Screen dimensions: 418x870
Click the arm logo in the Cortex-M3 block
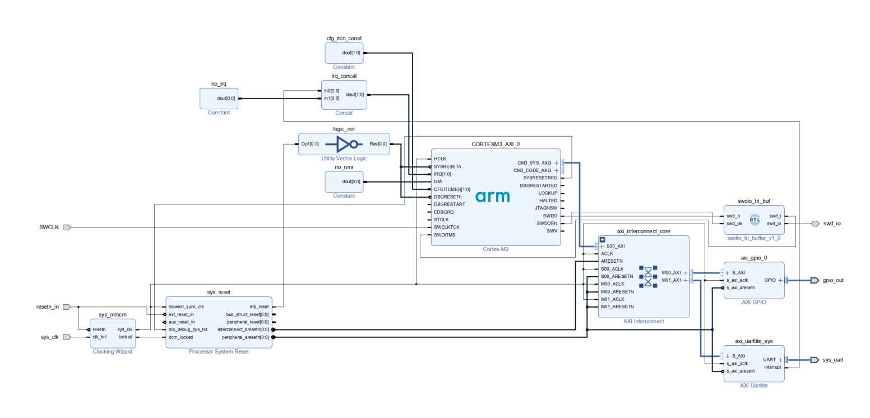pyautogui.click(x=492, y=196)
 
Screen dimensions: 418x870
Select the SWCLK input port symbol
pyautogui.click(x=66, y=227)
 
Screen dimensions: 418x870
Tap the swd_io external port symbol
pyautogui.click(x=815, y=224)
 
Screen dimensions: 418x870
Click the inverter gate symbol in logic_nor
pyautogui.click(x=346, y=144)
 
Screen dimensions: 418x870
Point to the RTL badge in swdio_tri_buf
pyautogui.click(x=755, y=220)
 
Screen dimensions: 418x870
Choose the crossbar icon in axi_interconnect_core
pyautogui.click(x=648, y=276)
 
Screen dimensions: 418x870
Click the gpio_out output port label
pyautogui.click(x=833, y=280)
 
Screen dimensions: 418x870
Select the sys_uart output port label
pyautogui.click(x=833, y=360)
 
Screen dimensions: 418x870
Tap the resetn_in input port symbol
pyautogui.click(x=66, y=307)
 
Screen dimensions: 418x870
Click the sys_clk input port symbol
pyautogui.click(x=66, y=337)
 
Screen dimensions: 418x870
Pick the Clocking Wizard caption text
pyautogui.click(x=112, y=352)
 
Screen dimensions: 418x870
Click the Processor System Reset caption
pyautogui.click(x=219, y=352)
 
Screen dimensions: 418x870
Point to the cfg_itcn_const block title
pyautogui.click(x=344, y=38)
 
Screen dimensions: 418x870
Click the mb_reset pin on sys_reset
pyautogui.click(x=258, y=307)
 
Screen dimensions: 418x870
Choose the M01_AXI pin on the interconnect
pyautogui.click(x=671, y=280)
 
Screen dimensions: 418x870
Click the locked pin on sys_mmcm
pyautogui.click(x=126, y=337)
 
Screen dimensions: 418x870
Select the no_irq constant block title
pyautogui.click(x=219, y=84)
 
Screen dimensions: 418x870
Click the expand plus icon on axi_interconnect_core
pyautogui.click(x=603, y=240)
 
